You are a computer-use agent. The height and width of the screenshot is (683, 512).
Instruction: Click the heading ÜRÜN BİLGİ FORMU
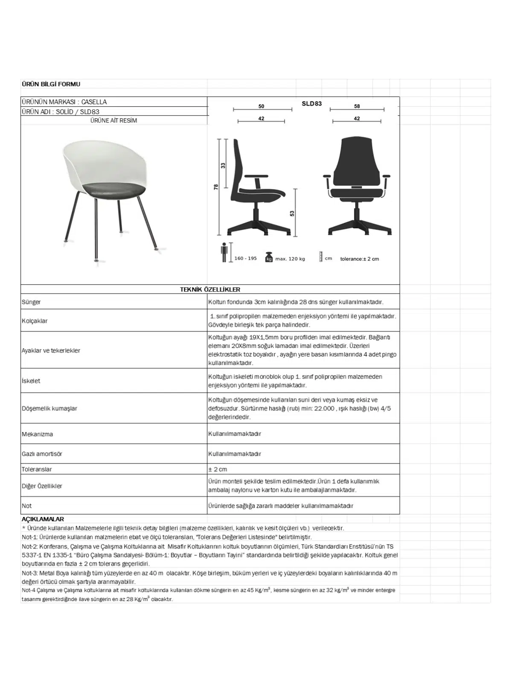[x=51, y=84]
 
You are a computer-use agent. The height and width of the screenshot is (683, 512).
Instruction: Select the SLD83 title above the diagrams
[x=311, y=103]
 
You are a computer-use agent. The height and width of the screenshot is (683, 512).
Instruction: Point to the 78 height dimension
[x=216, y=187]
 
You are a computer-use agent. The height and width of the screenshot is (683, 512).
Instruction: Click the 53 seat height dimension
[x=292, y=213]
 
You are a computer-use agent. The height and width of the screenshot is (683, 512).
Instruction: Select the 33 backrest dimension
[x=223, y=166]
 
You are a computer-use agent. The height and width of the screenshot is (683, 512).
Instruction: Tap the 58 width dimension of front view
[x=357, y=106]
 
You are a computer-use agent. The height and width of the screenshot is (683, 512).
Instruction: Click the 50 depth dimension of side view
[x=261, y=106]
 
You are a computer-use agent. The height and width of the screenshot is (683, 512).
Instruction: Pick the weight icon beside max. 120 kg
[x=269, y=257]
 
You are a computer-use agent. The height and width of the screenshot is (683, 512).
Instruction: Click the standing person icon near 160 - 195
[x=224, y=253]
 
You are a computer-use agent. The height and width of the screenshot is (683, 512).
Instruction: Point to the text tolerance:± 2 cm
[x=359, y=259]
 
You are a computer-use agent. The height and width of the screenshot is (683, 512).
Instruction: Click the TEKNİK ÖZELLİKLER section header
[x=210, y=289]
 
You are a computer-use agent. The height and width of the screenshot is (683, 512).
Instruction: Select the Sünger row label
[x=31, y=302]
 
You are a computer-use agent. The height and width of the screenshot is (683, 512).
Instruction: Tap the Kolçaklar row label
[x=35, y=321]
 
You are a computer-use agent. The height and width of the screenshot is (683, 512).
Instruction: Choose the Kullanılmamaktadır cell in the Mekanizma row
[x=235, y=434]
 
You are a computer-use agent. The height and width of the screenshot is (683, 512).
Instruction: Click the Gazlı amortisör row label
[x=42, y=454]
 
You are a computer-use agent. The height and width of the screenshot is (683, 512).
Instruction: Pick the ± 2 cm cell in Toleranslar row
[x=218, y=469]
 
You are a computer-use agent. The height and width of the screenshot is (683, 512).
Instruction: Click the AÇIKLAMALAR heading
[x=43, y=519]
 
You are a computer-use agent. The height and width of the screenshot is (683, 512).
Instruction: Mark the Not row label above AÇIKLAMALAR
[x=27, y=506]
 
